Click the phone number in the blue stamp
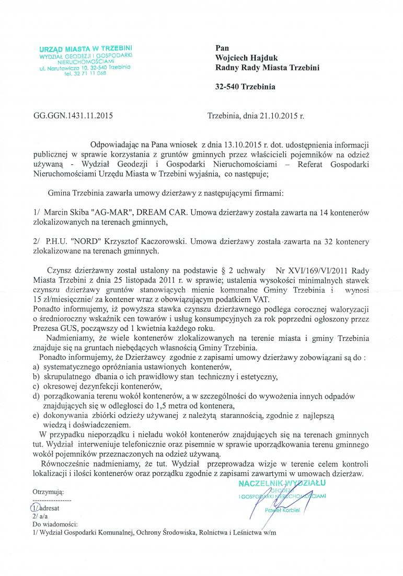(x=85, y=74)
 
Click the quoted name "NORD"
(x=86, y=242)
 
